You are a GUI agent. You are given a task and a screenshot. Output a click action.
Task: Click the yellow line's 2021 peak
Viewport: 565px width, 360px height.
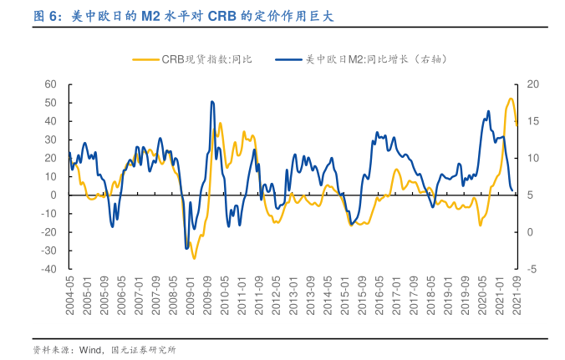512,99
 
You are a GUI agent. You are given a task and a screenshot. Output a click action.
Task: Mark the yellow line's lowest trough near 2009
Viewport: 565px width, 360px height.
195,258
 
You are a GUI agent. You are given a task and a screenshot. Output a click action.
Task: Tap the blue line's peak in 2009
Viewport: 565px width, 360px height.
212,102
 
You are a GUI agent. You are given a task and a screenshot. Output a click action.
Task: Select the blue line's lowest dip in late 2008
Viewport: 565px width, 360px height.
186,248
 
